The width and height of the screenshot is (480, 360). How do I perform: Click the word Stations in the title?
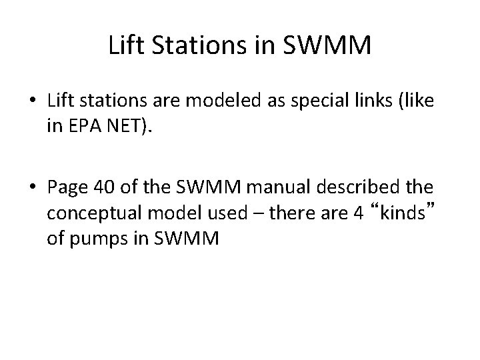[187, 47]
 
